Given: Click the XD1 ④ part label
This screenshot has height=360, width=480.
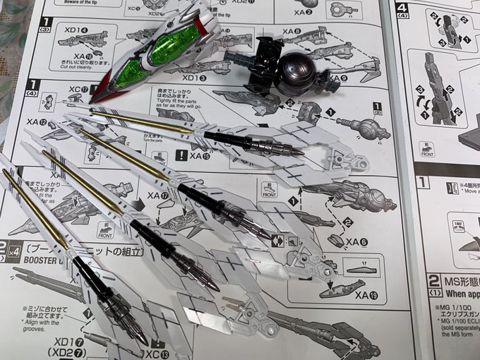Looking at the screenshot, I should point(75,30).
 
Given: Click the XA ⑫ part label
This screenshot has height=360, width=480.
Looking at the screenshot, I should point(37,122).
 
